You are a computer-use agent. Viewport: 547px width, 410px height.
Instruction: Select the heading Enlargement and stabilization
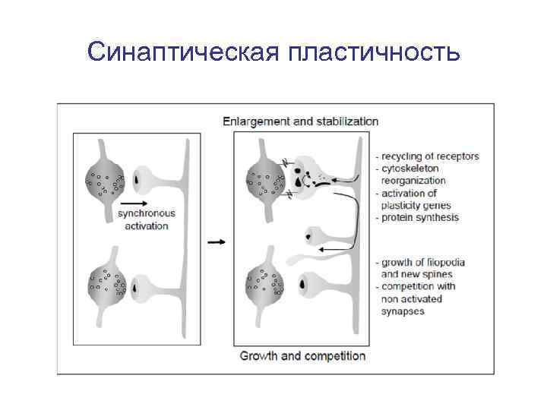[300, 121]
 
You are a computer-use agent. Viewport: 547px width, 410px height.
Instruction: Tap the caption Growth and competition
[302, 355]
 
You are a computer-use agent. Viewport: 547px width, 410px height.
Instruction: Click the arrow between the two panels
[216, 242]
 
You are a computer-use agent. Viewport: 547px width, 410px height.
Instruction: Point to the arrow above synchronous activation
[134, 203]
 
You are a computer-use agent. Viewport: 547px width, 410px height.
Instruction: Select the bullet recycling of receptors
[430, 156]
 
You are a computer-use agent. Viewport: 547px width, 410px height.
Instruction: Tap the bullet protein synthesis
[420, 218]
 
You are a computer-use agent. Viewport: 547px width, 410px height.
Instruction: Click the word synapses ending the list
[403, 311]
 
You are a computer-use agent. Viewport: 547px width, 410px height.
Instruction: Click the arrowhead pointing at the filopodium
[322, 249]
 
